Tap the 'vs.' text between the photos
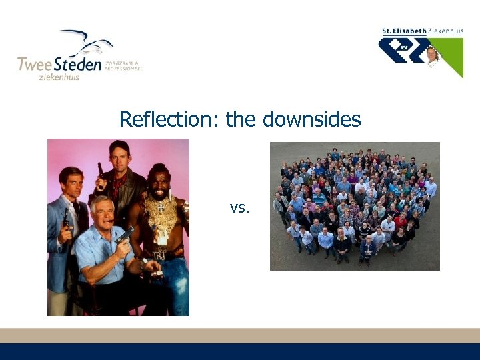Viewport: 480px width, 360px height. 239,208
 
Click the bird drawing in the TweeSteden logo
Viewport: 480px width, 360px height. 87,43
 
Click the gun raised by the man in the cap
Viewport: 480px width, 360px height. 101,175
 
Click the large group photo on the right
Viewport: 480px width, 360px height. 355,206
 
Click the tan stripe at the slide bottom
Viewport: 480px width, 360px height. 240,335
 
